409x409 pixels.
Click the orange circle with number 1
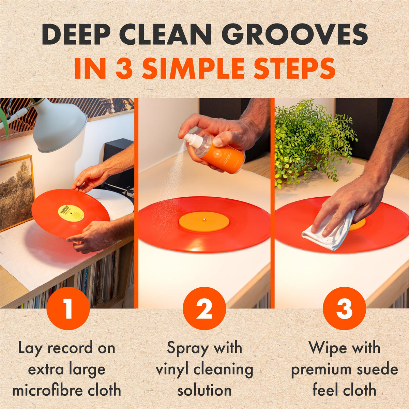tap(69, 308)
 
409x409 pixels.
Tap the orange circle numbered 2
tap(204, 308)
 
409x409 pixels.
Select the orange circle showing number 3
tap(344, 308)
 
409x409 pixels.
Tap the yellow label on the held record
tap(71, 213)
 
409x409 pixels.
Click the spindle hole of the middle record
tap(204, 220)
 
